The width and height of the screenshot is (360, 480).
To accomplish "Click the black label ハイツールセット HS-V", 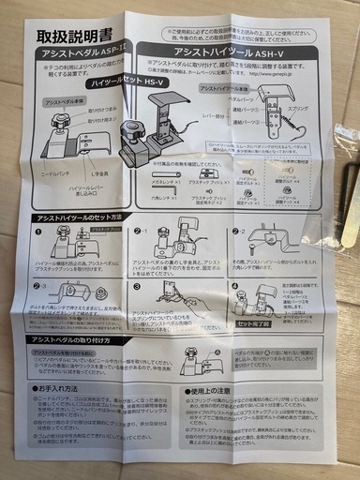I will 121,83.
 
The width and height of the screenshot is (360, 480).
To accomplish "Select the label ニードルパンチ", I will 59,174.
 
